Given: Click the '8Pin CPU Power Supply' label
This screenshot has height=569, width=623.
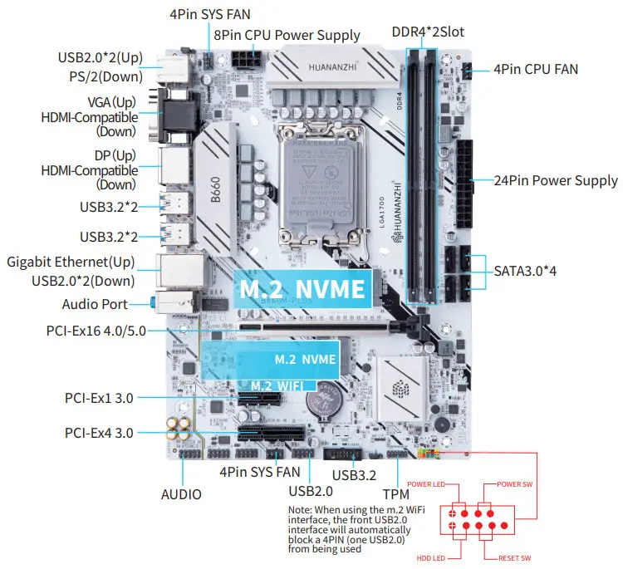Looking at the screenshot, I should tap(287, 35).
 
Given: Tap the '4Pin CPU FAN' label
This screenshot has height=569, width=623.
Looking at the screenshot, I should tap(536, 69).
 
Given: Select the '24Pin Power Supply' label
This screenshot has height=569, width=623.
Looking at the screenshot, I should tap(556, 180).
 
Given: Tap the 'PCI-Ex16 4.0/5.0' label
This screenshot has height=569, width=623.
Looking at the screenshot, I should tap(96, 331).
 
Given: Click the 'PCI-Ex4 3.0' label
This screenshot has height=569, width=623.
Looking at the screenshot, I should tap(99, 432).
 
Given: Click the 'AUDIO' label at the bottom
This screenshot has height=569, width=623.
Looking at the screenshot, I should tap(181, 494).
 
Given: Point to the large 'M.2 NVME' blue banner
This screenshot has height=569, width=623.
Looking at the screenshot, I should tap(302, 289).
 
